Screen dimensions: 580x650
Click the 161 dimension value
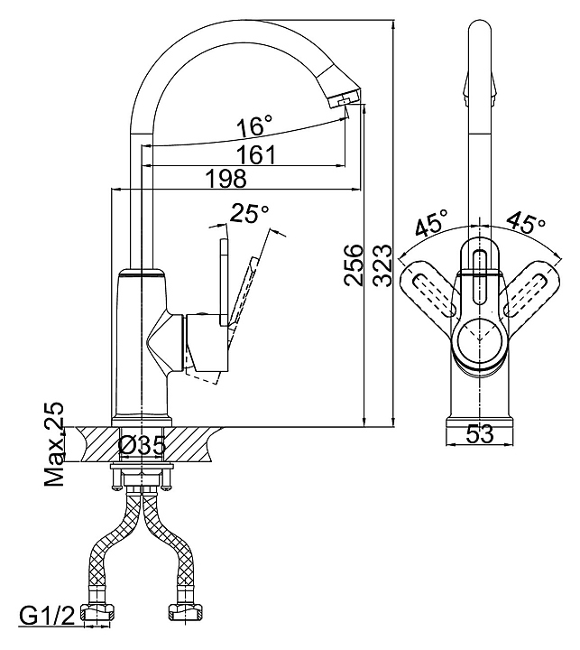(x=256, y=154)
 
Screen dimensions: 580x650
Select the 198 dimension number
(x=226, y=178)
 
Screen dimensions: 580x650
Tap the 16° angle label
(x=254, y=126)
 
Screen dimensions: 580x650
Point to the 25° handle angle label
(x=249, y=213)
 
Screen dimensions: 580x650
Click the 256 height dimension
(x=354, y=265)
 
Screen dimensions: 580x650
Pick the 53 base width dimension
(x=480, y=434)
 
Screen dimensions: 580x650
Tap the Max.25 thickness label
(x=54, y=443)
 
